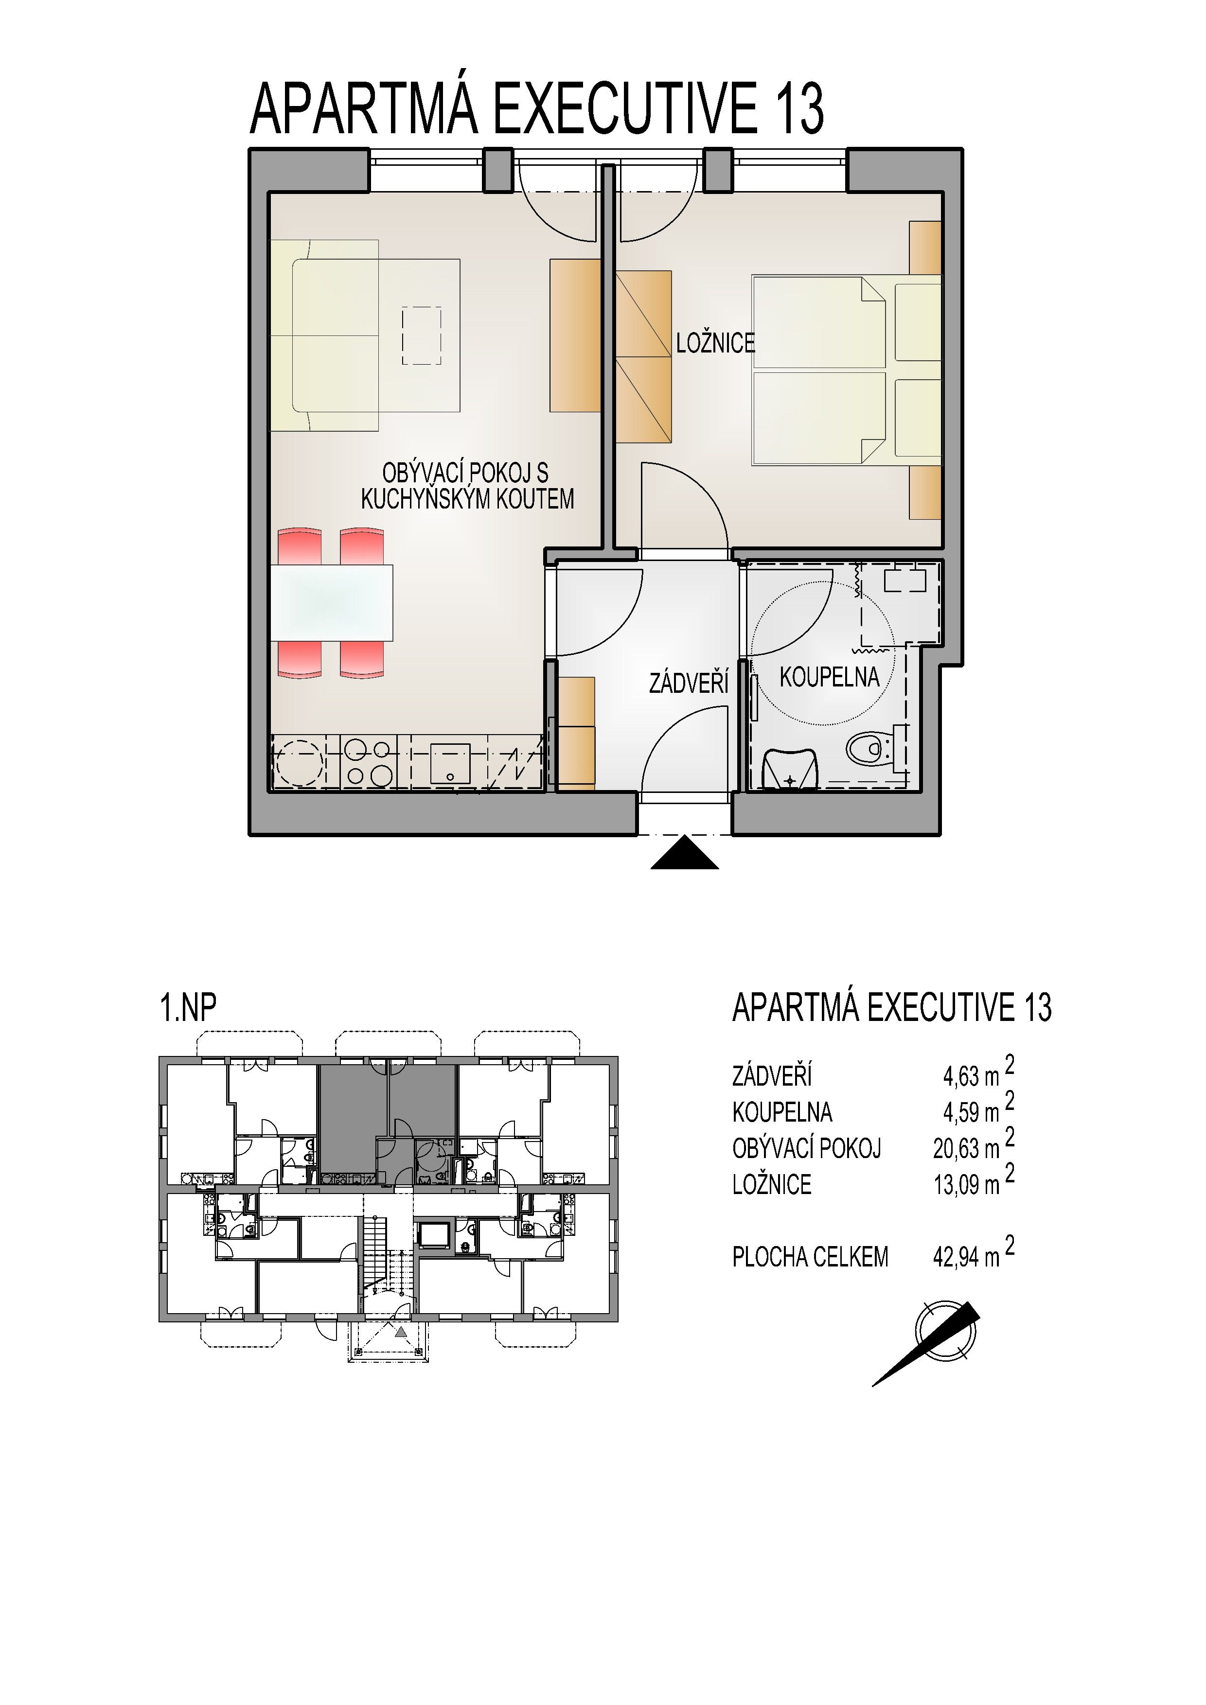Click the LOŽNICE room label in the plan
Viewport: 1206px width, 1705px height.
[715, 343]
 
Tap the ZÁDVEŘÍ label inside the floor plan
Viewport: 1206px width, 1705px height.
[689, 683]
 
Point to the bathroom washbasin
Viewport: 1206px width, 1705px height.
[791, 769]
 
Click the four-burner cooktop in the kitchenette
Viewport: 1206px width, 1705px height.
[369, 763]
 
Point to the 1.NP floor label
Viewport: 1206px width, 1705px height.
[189, 1008]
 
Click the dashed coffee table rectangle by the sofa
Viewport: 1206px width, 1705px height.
[421, 335]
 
